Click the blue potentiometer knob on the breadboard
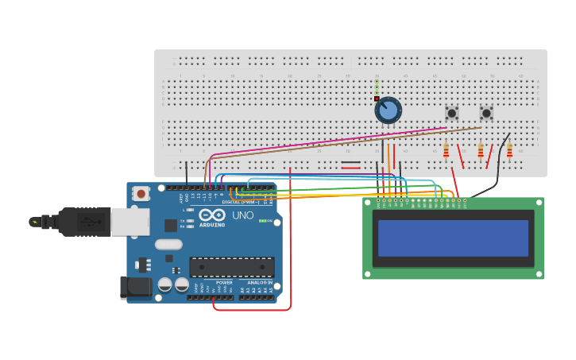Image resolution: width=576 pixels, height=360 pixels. [388, 110]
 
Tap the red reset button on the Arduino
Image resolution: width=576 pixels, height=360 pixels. [141, 193]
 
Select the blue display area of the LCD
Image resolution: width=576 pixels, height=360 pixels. [453, 238]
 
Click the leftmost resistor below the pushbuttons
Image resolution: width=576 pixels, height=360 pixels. [446, 149]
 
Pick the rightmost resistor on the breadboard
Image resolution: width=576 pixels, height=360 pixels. [509, 149]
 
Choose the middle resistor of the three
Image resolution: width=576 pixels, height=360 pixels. [480, 150]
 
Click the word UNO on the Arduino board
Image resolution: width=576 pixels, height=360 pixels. [242, 215]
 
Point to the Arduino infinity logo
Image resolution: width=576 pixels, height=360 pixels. [212, 215]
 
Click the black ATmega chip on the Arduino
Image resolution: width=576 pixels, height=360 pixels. [231, 267]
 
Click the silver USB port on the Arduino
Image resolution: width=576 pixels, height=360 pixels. [130, 222]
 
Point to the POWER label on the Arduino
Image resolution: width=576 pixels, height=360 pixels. [225, 282]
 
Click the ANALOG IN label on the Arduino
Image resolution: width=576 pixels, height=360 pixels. [259, 282]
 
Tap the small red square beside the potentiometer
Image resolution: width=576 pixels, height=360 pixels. [377, 99]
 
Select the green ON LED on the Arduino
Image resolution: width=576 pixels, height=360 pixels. [263, 220]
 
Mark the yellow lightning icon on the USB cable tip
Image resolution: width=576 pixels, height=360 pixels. [35, 222]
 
